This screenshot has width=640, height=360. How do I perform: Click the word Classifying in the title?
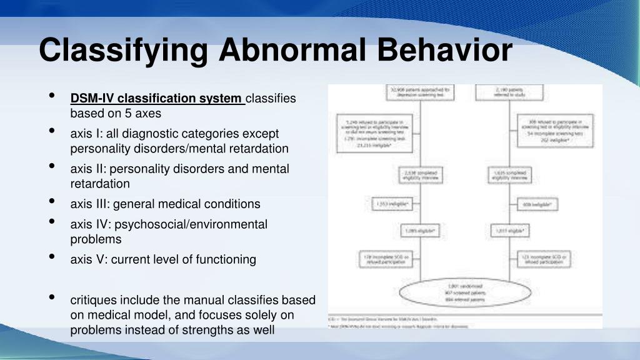124,50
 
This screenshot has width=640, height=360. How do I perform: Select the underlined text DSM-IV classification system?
157,99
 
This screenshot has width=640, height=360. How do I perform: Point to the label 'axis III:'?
90,204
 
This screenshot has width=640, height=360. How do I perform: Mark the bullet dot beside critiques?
52,297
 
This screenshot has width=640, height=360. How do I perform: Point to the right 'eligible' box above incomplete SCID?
510,231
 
